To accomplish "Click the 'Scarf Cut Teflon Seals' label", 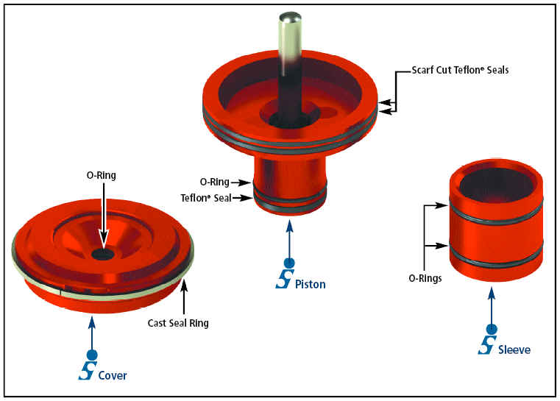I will [x=460, y=71].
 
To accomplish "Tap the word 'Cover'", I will [x=113, y=375].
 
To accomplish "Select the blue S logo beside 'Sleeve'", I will [x=487, y=344].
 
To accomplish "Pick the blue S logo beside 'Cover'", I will [x=86, y=370].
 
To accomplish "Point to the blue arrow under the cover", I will [x=91, y=334].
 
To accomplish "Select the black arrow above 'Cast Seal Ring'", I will [x=184, y=298].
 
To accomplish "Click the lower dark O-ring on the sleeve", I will [x=497, y=258].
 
